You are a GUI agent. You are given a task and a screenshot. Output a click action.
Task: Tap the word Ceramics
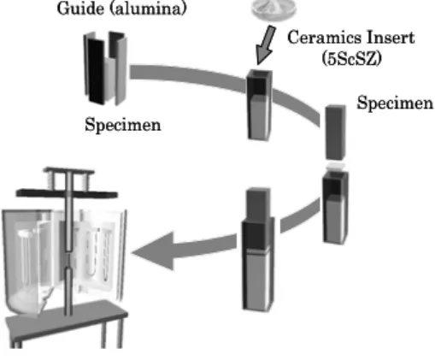click(x=323, y=38)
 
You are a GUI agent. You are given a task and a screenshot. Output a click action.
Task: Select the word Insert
click(x=389, y=38)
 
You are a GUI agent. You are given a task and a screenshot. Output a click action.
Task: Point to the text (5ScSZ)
click(x=351, y=59)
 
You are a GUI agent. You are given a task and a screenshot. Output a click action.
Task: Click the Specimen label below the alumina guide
click(x=123, y=125)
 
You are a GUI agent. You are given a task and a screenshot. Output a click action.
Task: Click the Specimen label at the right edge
click(x=396, y=103)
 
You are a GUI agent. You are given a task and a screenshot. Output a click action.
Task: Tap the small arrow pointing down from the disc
click(x=265, y=45)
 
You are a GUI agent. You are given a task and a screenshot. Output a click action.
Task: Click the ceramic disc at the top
click(x=274, y=9)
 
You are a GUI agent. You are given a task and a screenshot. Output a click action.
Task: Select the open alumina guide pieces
click(x=105, y=68)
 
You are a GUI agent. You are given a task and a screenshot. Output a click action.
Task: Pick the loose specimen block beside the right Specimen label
click(x=336, y=133)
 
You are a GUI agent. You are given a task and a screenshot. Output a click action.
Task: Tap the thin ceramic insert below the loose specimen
click(x=336, y=167)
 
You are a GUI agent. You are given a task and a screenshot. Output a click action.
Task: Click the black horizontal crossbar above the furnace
click(x=67, y=193)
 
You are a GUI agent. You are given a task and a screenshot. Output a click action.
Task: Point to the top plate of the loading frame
click(x=68, y=170)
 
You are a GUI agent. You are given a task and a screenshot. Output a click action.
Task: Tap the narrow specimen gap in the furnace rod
click(x=68, y=259)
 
